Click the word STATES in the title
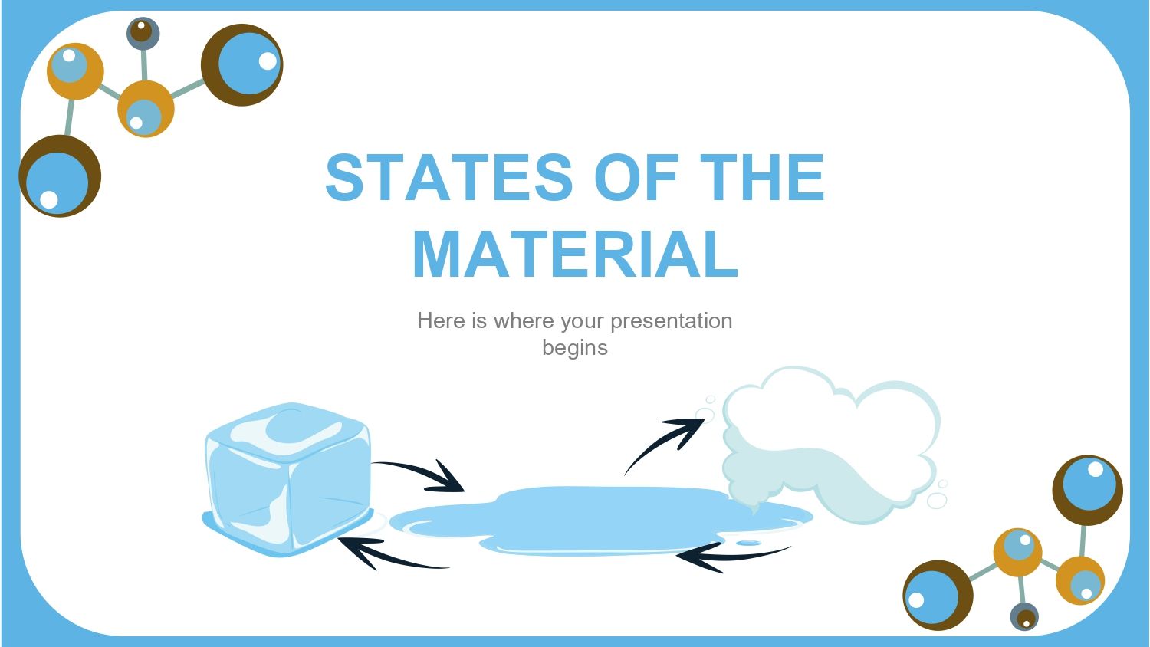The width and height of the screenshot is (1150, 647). pos(449,178)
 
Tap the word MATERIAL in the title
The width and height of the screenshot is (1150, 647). pos(575,255)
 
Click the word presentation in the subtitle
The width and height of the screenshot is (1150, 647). pos(671,320)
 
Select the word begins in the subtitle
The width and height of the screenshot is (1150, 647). pos(575,347)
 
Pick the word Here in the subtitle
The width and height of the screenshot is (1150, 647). pos(441,320)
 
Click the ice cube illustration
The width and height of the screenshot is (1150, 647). pos(287,479)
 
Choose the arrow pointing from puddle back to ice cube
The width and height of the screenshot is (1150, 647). pos(391,555)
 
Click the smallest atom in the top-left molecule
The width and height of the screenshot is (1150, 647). pos(143,33)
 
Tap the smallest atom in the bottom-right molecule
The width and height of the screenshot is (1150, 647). pos(1024,617)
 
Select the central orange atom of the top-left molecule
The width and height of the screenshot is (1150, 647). pos(146,109)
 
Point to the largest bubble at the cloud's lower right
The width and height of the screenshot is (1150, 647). pos(937,501)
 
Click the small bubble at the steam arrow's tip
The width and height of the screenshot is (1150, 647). pos(705,415)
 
